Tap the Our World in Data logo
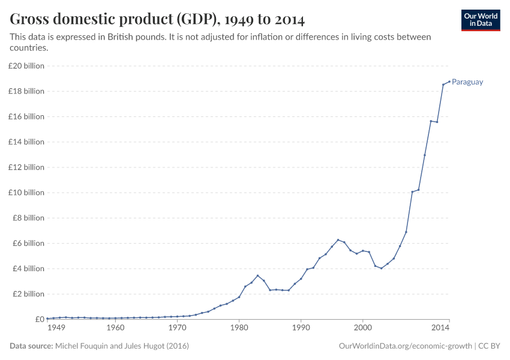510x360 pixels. pyautogui.click(x=480, y=20)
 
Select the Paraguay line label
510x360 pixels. pyautogui.click(x=467, y=82)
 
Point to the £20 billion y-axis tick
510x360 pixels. pyautogui.click(x=26, y=66)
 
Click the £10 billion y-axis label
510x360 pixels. pyautogui.click(x=26, y=193)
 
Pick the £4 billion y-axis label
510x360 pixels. pyautogui.click(x=28, y=269)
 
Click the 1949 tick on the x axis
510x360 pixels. pyautogui.click(x=56, y=328)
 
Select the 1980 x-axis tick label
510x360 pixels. pyautogui.click(x=239, y=328)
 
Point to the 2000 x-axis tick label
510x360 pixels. pyautogui.click(x=362, y=328)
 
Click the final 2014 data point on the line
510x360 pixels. pyautogui.click(x=449, y=82)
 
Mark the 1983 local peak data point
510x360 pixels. pyautogui.click(x=257, y=276)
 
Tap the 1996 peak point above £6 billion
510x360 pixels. pyautogui.click(x=338, y=240)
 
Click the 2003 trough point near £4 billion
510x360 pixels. pyautogui.click(x=381, y=268)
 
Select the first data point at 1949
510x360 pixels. pyautogui.click(x=47, y=319)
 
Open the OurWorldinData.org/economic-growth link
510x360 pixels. pyautogui.click(x=406, y=346)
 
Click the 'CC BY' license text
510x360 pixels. pyautogui.click(x=490, y=346)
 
